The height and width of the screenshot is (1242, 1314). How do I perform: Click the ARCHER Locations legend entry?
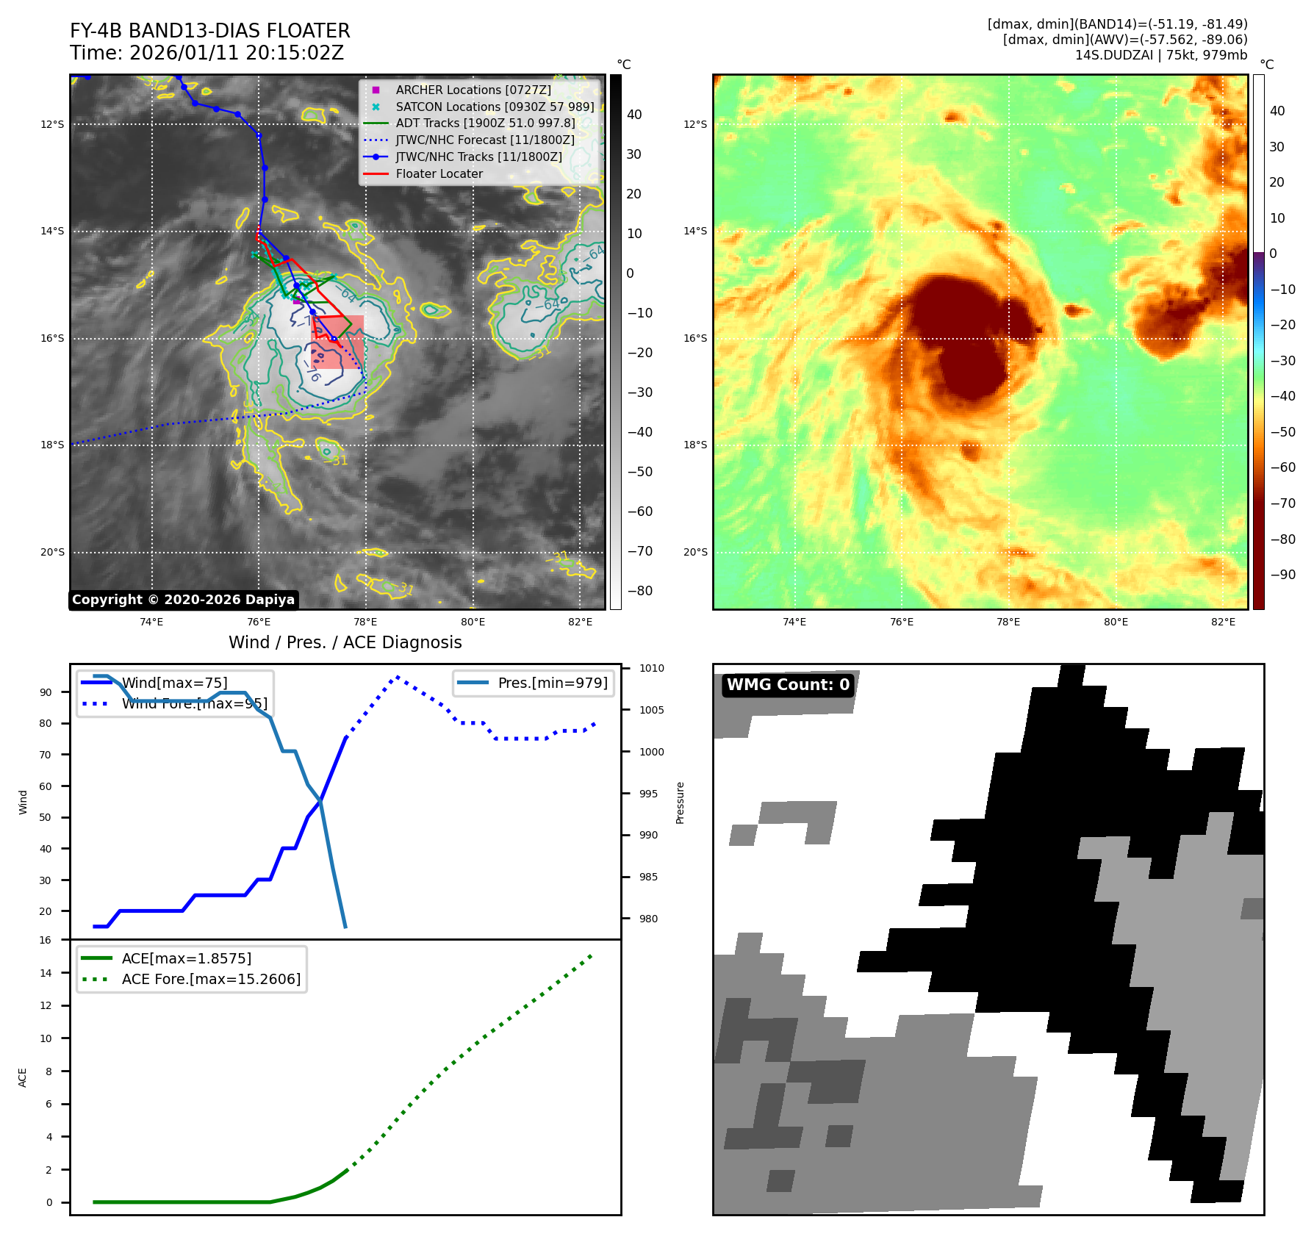(x=473, y=90)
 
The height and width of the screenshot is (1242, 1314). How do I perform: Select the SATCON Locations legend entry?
(x=495, y=107)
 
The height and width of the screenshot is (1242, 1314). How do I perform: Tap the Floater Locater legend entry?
(x=439, y=173)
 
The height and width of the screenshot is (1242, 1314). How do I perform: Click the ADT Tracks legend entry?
(x=485, y=123)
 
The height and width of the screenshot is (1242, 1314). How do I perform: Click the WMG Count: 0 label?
(x=788, y=685)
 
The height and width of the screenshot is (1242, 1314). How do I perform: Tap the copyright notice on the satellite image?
(x=183, y=600)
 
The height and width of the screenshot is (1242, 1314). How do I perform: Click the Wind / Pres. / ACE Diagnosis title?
(x=345, y=642)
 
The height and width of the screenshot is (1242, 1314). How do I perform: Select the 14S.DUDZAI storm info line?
(x=1161, y=55)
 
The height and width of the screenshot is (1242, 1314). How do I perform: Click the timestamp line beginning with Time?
(x=207, y=53)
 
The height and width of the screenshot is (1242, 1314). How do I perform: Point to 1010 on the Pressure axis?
(x=651, y=668)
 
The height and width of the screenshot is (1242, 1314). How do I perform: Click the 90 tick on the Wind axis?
(x=46, y=692)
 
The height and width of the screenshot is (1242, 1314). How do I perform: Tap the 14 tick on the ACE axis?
(x=46, y=973)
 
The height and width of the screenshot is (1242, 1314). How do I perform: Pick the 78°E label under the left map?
(x=365, y=622)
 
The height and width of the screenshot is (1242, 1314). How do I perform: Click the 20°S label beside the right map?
(x=695, y=552)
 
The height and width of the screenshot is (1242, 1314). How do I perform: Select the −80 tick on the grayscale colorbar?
(x=639, y=591)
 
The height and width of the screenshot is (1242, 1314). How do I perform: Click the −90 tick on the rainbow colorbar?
(x=1282, y=575)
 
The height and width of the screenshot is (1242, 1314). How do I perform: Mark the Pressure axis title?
(x=680, y=803)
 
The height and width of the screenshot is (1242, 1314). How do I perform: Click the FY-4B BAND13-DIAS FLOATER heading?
(x=210, y=31)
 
